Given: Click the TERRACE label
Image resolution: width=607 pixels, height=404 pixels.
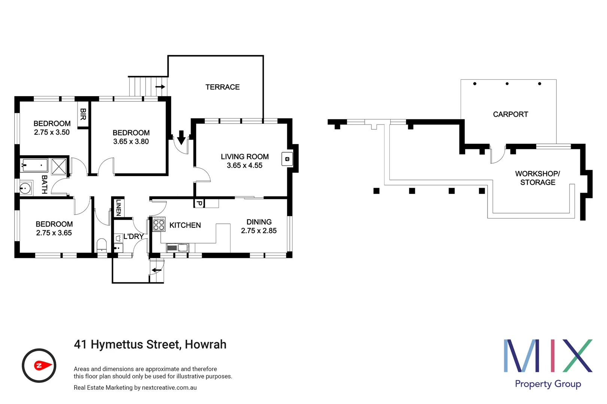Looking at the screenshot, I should (222, 87).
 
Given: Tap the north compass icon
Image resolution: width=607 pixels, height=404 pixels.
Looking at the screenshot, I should (39, 365).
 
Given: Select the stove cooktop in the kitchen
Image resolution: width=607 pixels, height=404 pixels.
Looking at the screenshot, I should (159, 224).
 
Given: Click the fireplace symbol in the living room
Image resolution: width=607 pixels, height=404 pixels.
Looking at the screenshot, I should (287, 159).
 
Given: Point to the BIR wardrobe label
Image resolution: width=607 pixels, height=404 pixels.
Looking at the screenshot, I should (83, 114).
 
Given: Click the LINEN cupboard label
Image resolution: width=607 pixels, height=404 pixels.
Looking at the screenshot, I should (118, 207).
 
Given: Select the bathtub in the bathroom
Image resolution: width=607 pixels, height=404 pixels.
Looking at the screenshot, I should (35, 165).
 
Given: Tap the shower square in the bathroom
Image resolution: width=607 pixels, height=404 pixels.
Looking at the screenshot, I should (59, 166).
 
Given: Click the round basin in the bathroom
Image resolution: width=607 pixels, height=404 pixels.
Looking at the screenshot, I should (25, 188).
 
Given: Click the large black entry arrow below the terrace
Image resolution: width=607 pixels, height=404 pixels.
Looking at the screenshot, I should (181, 138).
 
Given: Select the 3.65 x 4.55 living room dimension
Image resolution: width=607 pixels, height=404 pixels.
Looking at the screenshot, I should (245, 165).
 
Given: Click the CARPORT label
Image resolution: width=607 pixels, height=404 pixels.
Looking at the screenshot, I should (510, 114).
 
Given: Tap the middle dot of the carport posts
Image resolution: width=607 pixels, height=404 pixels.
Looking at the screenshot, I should (507, 84).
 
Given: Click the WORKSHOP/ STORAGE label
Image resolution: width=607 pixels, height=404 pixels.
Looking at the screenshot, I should (537, 178).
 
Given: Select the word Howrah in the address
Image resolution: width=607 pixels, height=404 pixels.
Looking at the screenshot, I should (206, 344).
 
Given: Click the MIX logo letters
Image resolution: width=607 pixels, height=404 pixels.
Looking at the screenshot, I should (547, 356).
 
